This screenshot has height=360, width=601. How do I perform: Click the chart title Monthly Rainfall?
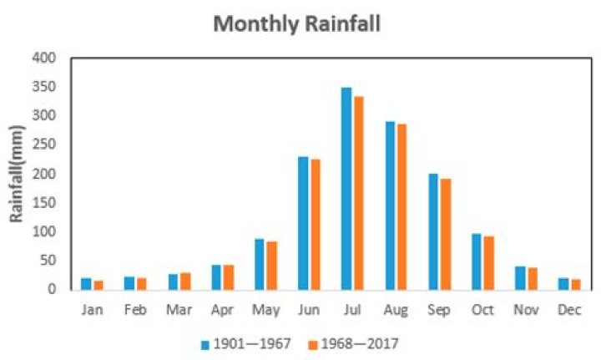[296, 23]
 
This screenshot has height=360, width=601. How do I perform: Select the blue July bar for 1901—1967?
[346, 189]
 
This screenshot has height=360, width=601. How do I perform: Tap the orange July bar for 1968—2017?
[358, 193]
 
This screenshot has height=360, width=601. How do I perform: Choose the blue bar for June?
[303, 223]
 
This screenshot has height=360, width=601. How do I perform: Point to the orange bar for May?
[272, 265]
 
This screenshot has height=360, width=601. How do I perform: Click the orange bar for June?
[315, 225]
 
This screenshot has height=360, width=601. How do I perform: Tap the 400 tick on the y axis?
[44, 58]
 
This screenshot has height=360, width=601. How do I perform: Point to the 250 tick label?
[44, 145]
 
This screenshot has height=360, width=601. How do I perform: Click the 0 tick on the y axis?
[51, 289]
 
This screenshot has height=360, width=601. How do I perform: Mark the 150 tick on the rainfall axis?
[44, 203]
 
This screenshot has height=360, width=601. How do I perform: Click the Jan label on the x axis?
[93, 310]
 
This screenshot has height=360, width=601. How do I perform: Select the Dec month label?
[570, 310]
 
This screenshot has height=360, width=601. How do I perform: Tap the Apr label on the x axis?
[223, 310]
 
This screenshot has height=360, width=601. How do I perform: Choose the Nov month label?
[527, 310]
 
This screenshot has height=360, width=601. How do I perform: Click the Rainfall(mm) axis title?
[16, 174]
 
